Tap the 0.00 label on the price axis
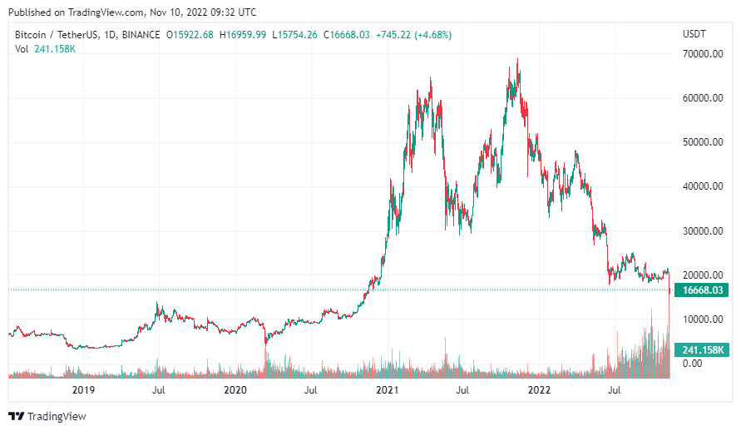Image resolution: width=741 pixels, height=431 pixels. [692, 364]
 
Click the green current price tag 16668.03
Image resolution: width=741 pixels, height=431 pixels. [700, 290]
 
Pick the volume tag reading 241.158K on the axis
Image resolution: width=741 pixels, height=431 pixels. [700, 350]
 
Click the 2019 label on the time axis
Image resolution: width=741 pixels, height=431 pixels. [82, 389]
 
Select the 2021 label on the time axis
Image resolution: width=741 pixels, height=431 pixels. [387, 389]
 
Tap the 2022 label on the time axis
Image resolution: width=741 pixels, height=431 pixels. [540, 389]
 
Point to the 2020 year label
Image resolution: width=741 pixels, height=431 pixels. [235, 389]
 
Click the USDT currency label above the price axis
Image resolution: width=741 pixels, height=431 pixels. [694, 34]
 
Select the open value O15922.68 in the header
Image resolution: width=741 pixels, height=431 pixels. [190, 35]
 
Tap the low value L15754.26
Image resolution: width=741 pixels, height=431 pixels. [294, 35]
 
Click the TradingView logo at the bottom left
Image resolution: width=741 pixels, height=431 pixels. [47, 416]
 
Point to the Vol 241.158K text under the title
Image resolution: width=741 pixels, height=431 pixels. [46, 49]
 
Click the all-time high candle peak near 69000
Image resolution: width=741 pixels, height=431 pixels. [518, 60]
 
